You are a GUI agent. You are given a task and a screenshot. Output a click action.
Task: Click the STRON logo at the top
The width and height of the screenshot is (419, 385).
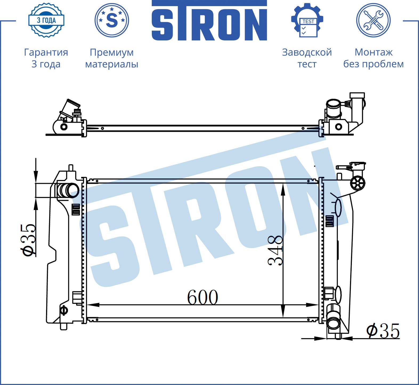tap(209, 20)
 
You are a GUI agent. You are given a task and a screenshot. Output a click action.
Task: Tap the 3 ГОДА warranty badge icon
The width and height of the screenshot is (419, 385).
tap(46, 20)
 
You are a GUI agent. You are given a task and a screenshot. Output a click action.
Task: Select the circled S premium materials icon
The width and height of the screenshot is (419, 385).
tap(112, 20)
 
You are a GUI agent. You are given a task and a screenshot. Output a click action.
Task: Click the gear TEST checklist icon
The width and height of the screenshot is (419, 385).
tap(307, 20)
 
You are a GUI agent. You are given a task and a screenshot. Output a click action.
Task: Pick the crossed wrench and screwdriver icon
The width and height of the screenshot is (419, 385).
tap(373, 20)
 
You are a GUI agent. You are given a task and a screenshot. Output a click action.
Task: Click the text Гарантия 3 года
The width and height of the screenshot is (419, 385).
tap(46, 58)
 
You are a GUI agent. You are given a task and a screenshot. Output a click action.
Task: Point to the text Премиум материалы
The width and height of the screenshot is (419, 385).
tap(112, 58)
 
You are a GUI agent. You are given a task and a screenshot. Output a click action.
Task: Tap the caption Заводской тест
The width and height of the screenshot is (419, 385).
tap(307, 58)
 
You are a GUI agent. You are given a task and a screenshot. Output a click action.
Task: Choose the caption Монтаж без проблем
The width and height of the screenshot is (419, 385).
tap(373, 58)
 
